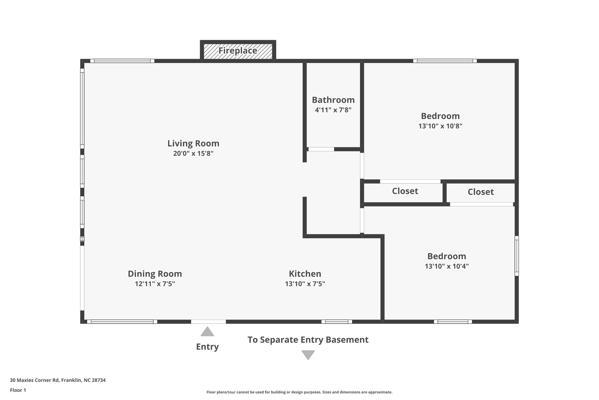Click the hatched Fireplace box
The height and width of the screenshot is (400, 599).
click(x=238, y=51)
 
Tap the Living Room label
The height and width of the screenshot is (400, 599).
click(x=193, y=144)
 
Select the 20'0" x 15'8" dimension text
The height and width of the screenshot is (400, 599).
click(x=193, y=154)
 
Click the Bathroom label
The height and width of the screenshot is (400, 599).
click(x=333, y=100)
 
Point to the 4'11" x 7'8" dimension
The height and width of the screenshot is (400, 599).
click(x=333, y=110)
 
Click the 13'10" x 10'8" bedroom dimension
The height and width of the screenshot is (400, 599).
click(x=440, y=126)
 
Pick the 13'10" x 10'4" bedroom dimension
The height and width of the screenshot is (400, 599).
click(x=447, y=266)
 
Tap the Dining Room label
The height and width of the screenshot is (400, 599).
click(x=155, y=274)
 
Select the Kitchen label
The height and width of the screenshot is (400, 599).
click(x=305, y=274)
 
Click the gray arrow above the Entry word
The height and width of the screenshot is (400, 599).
click(x=207, y=332)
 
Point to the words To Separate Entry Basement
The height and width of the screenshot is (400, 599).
click(x=308, y=340)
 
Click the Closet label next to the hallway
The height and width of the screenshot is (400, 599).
click(x=405, y=191)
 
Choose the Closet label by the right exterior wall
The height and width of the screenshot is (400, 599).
click(x=481, y=192)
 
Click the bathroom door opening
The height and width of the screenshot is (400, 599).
click(x=321, y=149)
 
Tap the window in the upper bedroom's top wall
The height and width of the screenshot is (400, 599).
click(x=445, y=61)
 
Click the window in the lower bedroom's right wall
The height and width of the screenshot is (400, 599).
click(x=517, y=256)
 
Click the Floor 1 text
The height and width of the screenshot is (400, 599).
click(x=18, y=390)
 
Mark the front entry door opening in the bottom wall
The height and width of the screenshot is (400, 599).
click(x=209, y=321)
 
